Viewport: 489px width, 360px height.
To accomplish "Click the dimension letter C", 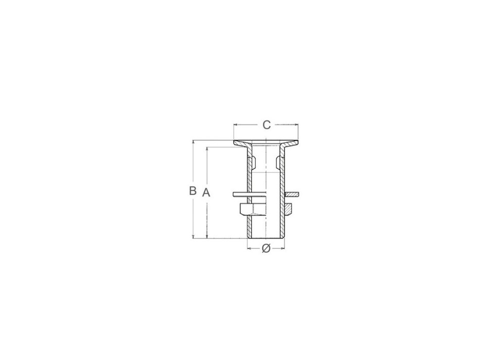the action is (266, 124).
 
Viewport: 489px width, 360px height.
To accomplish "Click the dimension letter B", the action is (193, 190).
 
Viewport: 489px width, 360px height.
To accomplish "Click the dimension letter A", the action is (206, 193).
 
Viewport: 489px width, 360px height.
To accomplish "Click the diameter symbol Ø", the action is (266, 248).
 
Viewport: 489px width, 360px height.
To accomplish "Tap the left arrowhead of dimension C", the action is (236, 124).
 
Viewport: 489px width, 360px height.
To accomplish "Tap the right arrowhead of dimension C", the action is (296, 124).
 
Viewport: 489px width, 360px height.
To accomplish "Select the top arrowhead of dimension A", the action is (206, 150).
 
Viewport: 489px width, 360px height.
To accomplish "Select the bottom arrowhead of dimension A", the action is (206, 237).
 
